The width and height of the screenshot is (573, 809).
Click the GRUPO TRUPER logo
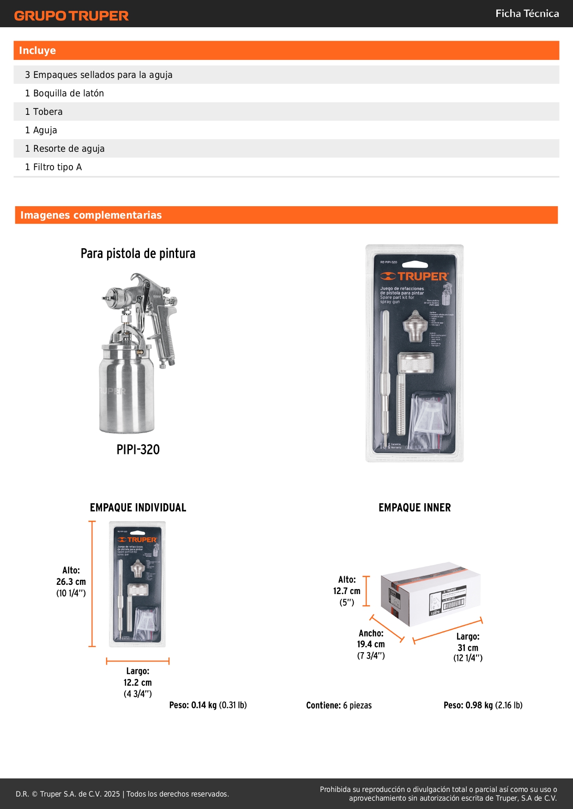coord(71,16)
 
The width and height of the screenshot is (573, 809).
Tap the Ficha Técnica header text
coord(527,14)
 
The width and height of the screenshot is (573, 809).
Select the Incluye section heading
coord(37,51)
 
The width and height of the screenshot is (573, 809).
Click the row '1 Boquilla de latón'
coord(64,93)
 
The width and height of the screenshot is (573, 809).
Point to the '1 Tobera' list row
coord(44,112)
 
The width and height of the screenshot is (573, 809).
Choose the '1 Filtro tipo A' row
coord(53,167)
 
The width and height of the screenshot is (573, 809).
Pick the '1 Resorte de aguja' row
coord(65,149)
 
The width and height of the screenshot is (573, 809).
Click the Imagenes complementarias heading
coord(91,215)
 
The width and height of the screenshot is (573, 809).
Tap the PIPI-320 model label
coord(138,450)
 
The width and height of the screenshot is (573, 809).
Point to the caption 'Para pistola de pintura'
coord(138,254)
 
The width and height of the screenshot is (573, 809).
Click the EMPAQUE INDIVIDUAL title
coord(138,508)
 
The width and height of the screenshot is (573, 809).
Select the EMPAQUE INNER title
coord(414,508)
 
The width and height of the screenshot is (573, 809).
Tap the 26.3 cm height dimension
coord(71,582)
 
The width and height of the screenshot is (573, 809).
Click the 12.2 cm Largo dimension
coord(137,682)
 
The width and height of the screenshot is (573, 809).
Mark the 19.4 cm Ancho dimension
coord(371,644)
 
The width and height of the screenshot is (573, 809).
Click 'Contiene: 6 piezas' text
coord(338,705)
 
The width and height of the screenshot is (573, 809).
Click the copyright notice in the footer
coord(122,794)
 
